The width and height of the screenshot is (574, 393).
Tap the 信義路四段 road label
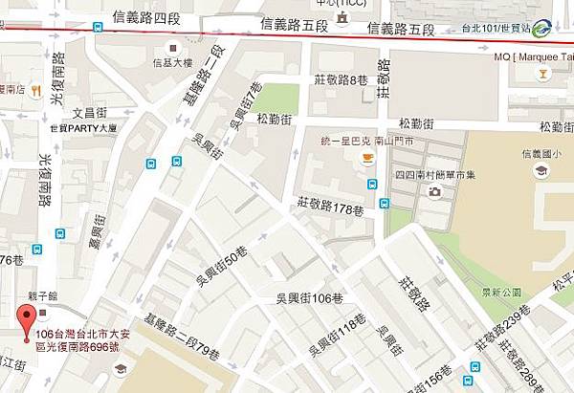click(145, 16)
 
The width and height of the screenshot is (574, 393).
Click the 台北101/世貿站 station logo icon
click(542, 28)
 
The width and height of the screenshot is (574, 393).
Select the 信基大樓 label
click(171, 63)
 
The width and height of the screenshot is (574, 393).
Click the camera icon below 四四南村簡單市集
click(435, 191)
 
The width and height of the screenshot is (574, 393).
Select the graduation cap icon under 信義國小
click(541, 170)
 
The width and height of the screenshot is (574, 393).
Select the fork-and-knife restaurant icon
click(33, 91)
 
